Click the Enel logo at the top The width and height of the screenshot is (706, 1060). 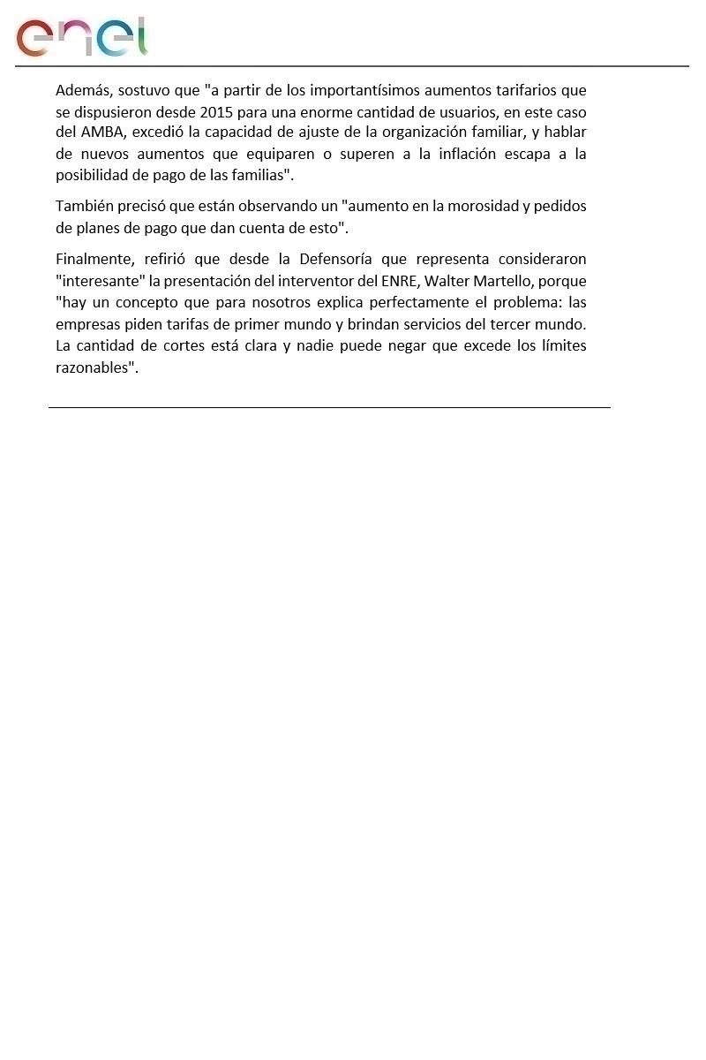[81, 37]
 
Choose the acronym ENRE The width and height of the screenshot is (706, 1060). [412, 281]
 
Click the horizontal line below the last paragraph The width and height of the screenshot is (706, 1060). [329, 407]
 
